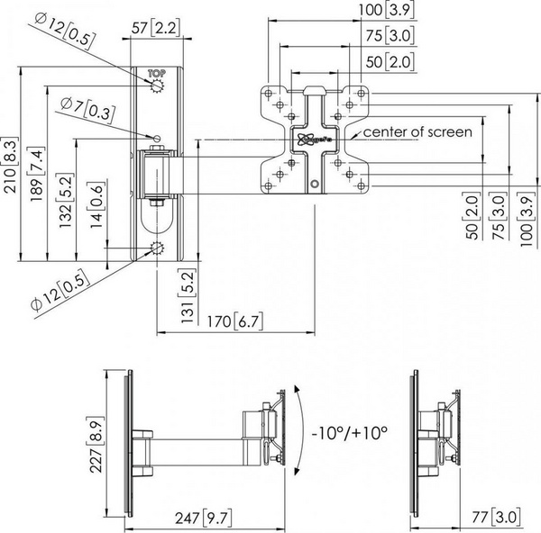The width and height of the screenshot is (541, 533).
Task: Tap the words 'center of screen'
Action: pos(417,132)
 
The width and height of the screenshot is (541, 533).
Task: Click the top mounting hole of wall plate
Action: pos(159,87)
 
